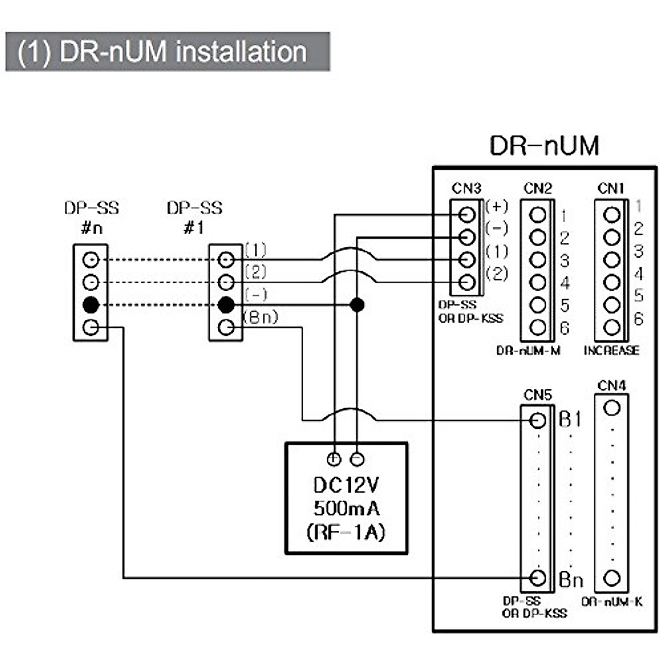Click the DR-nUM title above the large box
click(544, 146)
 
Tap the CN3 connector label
click(466, 189)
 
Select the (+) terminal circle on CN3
click(468, 214)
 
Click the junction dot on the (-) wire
click(357, 304)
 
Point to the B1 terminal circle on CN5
click(538, 421)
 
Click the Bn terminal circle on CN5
click(538, 578)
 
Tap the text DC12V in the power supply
click(346, 485)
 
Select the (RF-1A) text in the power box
click(346, 532)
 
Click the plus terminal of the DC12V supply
click(334, 458)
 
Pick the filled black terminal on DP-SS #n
click(91, 304)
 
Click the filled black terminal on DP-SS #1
click(225, 304)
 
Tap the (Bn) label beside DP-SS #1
click(261, 318)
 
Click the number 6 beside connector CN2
click(564, 328)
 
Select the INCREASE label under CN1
click(611, 350)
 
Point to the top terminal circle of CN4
click(611, 408)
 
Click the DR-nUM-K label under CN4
click(612, 602)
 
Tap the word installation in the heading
click(241, 52)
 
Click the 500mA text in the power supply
click(346, 508)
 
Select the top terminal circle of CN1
click(611, 215)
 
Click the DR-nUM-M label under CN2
click(528, 351)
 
